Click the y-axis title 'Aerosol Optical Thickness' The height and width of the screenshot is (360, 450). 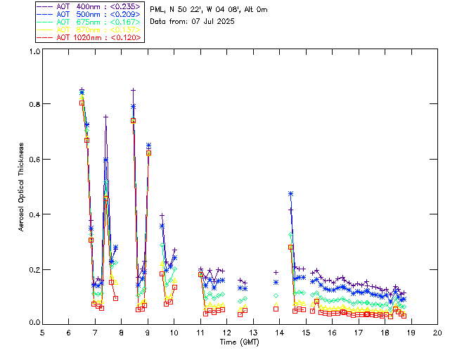pyautogui.click(x=21, y=187)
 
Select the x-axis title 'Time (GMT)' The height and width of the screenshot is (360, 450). pyautogui.click(x=240, y=342)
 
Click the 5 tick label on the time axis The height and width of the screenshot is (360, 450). pyautogui.click(x=42, y=332)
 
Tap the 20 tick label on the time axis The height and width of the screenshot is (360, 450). pyautogui.click(x=437, y=332)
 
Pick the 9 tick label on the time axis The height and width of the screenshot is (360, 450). pyautogui.click(x=148, y=332)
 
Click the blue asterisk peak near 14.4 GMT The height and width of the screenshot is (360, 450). pyautogui.click(x=290, y=193)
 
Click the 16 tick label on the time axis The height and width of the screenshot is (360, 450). pyautogui.click(x=332, y=332)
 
